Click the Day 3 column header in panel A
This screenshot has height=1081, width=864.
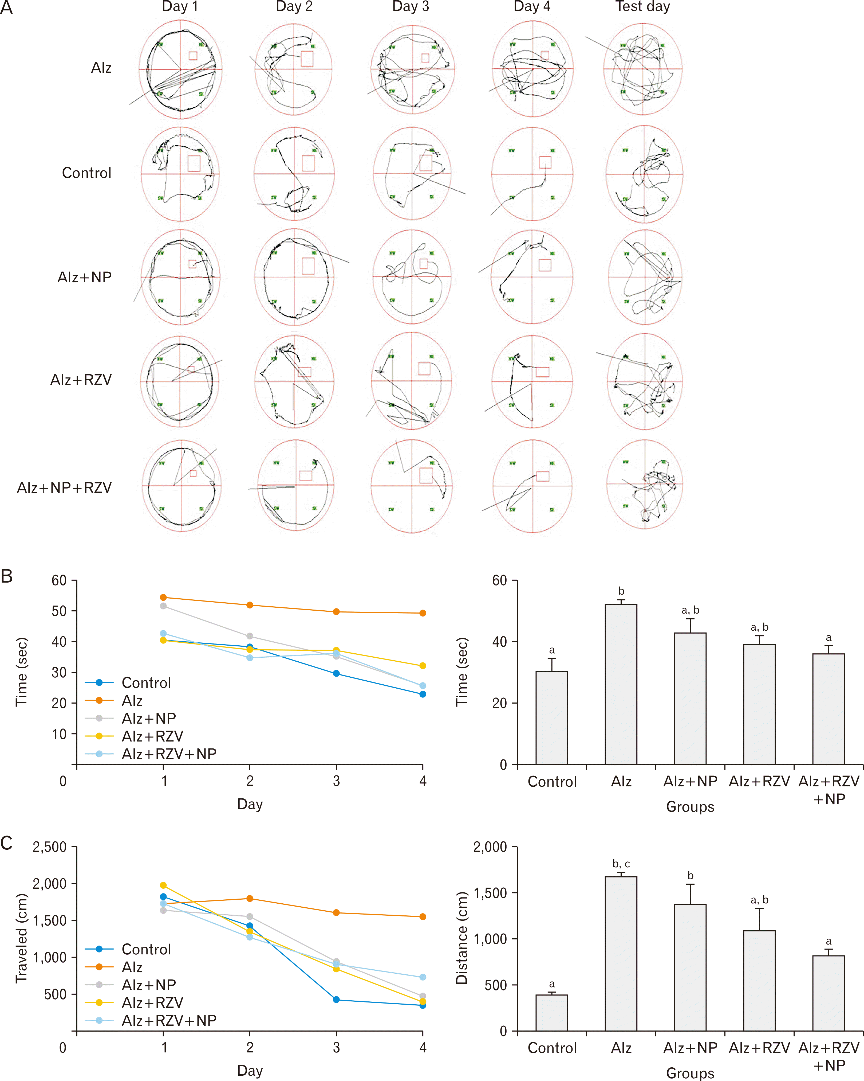pyautogui.click(x=411, y=7)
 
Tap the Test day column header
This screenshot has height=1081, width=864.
pyautogui.click(x=642, y=7)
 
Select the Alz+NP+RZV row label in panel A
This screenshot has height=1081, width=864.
pyautogui.click(x=64, y=488)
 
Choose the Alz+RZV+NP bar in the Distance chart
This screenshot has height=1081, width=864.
pyautogui.click(x=829, y=993)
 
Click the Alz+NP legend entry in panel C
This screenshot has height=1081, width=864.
pyautogui.click(x=148, y=985)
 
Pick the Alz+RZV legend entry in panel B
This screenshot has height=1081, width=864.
pyautogui.click(x=152, y=736)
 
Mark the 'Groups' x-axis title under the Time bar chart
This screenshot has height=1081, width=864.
pyautogui.click(x=690, y=807)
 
